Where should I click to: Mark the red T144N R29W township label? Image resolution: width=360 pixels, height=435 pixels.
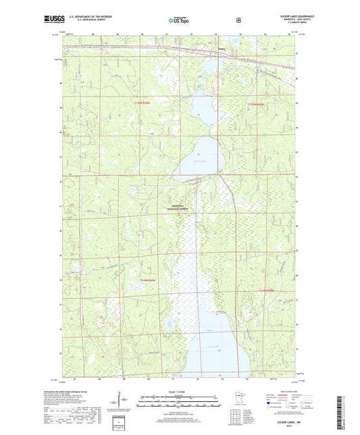tap(267, 290)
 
